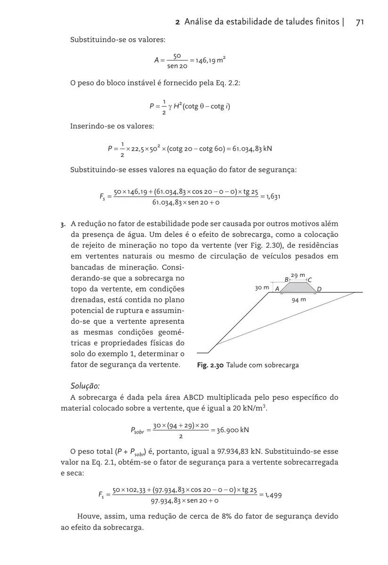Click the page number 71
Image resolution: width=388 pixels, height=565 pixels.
pyautogui.click(x=361, y=22)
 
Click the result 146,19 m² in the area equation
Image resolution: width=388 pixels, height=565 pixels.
pyautogui.click(x=210, y=61)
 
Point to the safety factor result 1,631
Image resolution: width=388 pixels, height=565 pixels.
pyautogui.click(x=273, y=196)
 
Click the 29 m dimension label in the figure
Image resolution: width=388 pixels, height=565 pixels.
pyautogui.click(x=298, y=275)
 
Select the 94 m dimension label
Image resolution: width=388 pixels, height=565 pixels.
pyautogui.click(x=299, y=299)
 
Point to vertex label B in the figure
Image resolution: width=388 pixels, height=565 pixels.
pyautogui.click(x=287, y=279)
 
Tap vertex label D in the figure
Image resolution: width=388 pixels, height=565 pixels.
pyautogui.click(x=319, y=288)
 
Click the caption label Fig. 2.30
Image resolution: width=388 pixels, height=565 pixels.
pyautogui.click(x=210, y=365)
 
